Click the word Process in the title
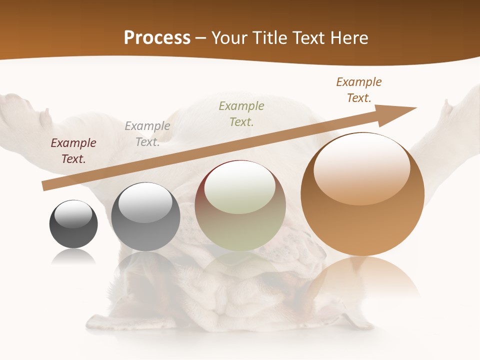(157, 38)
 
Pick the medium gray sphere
(145, 217)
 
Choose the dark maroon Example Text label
(73, 151)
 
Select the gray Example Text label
(147, 134)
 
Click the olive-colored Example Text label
(241, 113)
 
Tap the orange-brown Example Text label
(359, 90)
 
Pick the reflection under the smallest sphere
(73, 256)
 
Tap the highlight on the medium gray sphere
(145, 202)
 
